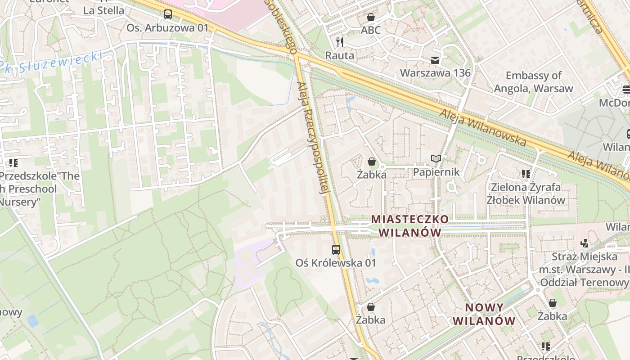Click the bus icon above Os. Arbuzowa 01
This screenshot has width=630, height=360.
pos(168,14)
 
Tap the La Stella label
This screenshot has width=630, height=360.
pos(103,10)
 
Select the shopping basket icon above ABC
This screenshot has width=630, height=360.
pos(370,18)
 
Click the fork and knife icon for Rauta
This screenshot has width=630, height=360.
pos(340,42)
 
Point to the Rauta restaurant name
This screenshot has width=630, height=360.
pos(340,55)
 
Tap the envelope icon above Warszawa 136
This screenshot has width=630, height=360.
pos(435,60)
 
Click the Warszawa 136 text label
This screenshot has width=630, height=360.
pos(435,73)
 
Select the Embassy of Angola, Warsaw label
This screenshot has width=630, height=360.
pos(533,82)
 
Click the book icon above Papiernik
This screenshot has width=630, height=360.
pos(436,158)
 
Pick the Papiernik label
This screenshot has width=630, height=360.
pos(436,172)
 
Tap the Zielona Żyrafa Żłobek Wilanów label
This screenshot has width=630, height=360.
pos(526,193)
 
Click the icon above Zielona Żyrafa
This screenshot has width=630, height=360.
pos(526,174)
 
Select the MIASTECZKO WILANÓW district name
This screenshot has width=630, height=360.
pos(409,226)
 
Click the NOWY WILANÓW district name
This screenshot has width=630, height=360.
pos(484,314)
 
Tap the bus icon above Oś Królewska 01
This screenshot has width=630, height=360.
pos(336,249)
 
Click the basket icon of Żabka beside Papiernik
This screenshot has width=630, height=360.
pos(372,161)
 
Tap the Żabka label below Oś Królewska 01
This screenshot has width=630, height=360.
pos(370,320)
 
